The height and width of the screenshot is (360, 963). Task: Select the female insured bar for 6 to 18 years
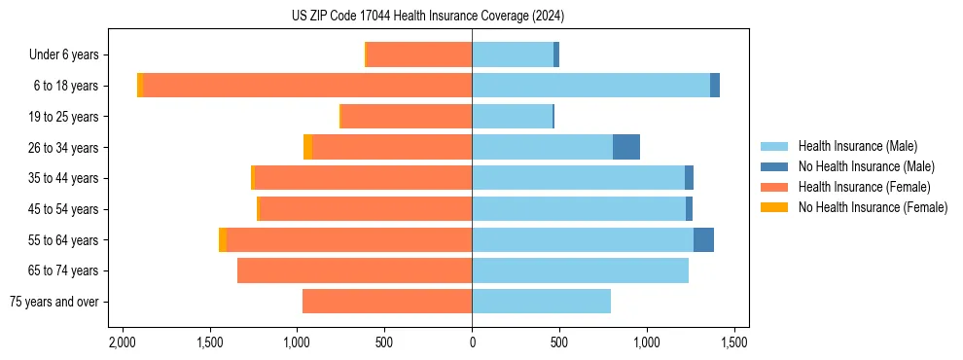tap(307, 86)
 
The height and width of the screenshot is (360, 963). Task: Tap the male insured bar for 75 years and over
tap(541, 302)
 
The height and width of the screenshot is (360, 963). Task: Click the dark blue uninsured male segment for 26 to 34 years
tap(626, 147)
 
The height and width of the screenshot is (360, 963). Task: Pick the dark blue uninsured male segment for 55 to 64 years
tap(703, 239)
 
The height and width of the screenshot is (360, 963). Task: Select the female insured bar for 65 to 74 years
tap(354, 270)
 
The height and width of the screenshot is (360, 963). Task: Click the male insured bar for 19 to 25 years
tap(512, 117)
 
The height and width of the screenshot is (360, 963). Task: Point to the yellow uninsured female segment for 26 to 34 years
tap(307, 147)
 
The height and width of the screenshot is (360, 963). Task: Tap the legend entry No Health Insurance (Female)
tap(873, 207)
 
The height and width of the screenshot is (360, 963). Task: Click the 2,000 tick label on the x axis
tap(122, 343)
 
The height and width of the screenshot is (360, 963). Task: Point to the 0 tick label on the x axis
tap(472, 343)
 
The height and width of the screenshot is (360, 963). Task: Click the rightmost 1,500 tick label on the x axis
tap(734, 343)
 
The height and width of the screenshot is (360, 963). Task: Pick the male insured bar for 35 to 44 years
tap(578, 178)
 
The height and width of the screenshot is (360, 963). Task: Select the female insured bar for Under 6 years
tap(419, 55)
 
